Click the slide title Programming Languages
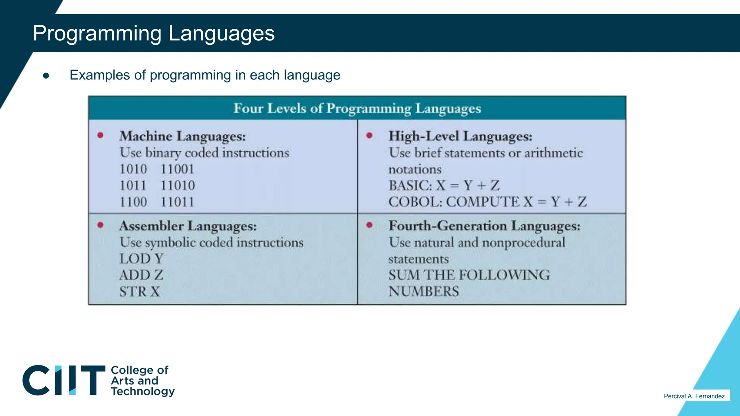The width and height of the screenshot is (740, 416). (154, 33)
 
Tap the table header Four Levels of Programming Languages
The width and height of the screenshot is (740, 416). (357, 108)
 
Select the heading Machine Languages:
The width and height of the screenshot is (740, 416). (182, 136)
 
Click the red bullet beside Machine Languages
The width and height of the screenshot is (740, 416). (100, 135)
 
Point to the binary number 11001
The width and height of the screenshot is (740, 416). (177, 169)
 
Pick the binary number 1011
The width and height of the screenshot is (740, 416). (133, 186)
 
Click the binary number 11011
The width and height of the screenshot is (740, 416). (177, 202)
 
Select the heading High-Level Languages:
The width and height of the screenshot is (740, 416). (460, 136)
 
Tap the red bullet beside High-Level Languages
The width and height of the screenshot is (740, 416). (369, 135)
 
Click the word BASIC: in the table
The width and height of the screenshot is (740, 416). (410, 186)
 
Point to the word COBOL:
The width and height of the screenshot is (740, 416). (415, 202)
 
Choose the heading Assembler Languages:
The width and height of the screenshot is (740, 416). (188, 226)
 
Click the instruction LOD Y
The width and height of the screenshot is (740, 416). (142, 259)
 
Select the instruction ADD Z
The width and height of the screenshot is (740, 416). (141, 275)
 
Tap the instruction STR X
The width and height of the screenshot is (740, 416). (140, 291)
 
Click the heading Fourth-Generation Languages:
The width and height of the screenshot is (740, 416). (484, 226)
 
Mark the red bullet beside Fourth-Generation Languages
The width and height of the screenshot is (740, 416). (369, 225)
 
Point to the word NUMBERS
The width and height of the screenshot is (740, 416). (423, 291)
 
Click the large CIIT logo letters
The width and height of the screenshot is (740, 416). (64, 380)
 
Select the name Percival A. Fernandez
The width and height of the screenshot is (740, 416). (694, 396)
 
